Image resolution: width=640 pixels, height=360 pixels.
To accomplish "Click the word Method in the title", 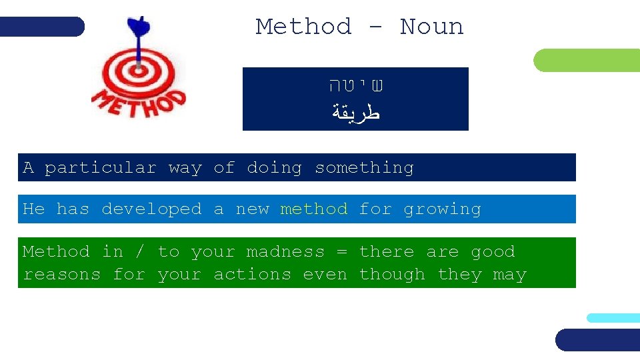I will (303, 27).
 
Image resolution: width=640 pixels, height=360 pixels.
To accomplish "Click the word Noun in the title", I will (431, 27).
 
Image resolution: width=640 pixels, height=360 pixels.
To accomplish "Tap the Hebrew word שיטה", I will (357, 86).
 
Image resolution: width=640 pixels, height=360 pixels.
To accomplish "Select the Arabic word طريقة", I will (356, 112).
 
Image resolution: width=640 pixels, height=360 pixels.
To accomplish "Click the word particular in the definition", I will (100, 168).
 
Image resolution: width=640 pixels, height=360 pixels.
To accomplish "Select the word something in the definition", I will (364, 168).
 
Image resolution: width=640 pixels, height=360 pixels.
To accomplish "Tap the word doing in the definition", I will (274, 168).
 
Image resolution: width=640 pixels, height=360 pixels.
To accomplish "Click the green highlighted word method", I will (313, 209).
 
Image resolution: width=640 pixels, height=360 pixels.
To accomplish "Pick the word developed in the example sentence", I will (151, 209).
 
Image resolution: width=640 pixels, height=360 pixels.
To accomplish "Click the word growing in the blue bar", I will (442, 209).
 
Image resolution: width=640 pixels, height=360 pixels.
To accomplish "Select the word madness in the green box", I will (285, 252).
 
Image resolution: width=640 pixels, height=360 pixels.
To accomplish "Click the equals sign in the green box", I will (341, 252).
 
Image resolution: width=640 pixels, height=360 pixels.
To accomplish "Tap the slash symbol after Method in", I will (139, 252).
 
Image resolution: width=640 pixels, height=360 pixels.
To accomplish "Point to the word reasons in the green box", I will (61, 275).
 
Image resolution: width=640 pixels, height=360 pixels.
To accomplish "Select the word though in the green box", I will (392, 275).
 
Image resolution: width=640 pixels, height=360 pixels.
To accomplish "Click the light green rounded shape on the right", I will (587, 61).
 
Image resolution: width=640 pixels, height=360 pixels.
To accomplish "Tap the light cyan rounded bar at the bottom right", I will (613, 318).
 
